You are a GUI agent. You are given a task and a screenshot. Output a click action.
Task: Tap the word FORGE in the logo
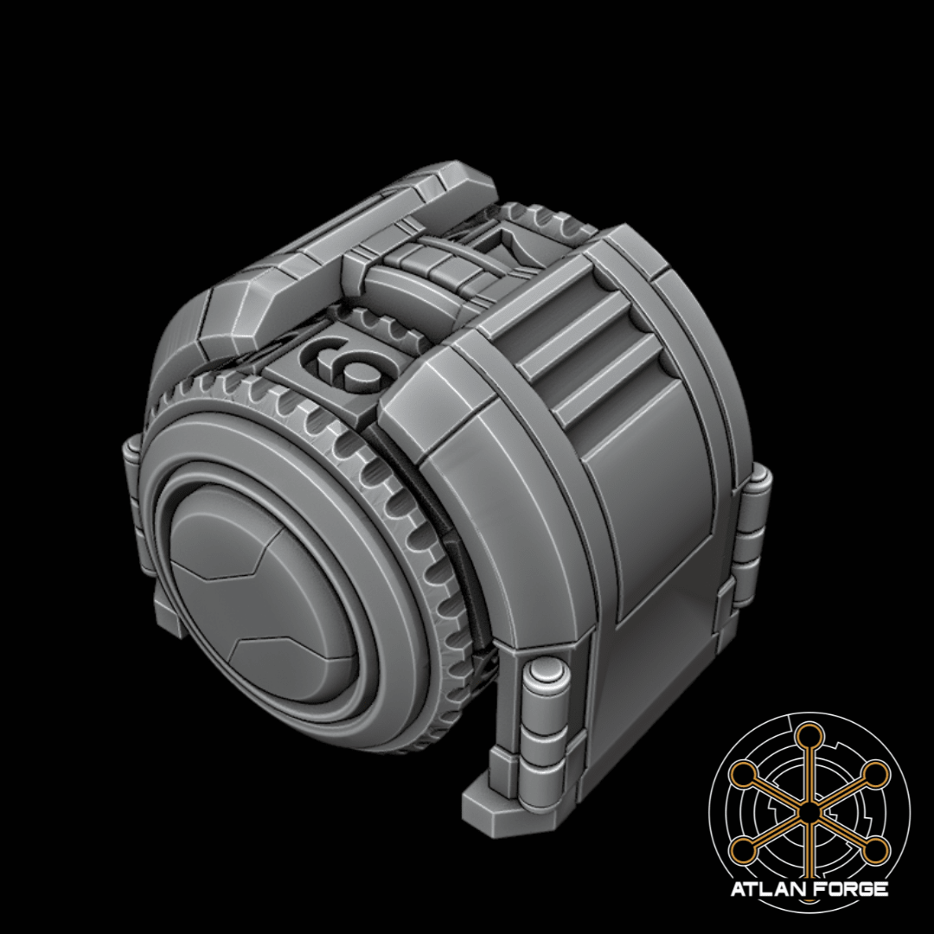click(850, 889)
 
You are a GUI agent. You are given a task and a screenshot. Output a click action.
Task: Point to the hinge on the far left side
click(132, 458)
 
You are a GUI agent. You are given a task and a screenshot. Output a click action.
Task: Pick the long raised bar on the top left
click(346, 242)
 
